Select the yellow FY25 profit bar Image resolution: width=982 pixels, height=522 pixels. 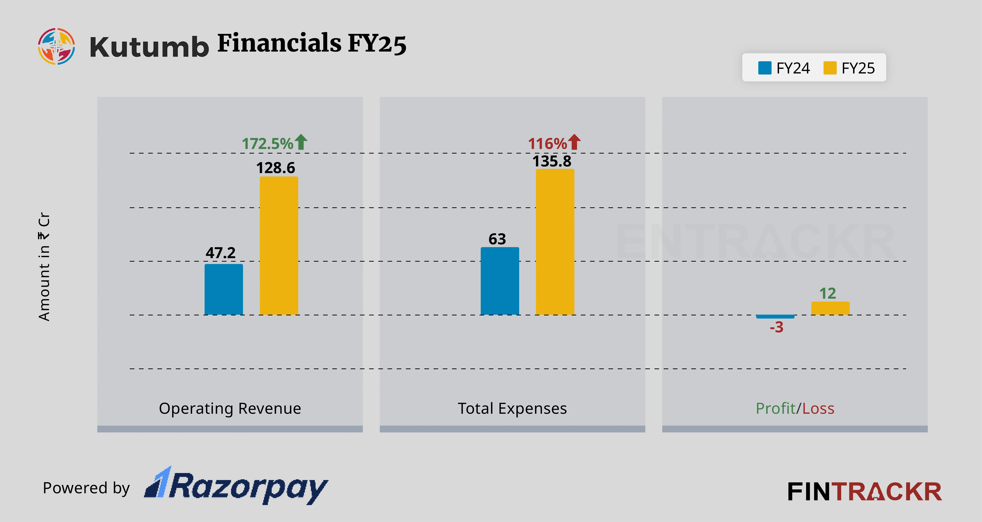pos(830,308)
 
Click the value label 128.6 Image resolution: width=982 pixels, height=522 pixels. pos(275,168)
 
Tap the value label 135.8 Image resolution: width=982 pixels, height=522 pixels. pos(552,161)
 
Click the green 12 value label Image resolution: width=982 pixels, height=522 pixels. pos(828,294)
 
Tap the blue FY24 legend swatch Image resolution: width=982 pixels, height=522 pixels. pos(765,68)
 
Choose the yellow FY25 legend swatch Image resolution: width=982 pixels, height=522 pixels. pos(830,68)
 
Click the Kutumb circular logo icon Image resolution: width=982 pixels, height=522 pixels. pos(56,46)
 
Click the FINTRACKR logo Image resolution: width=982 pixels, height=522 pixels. pos(864,492)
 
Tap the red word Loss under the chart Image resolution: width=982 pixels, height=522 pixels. pos(818,408)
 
